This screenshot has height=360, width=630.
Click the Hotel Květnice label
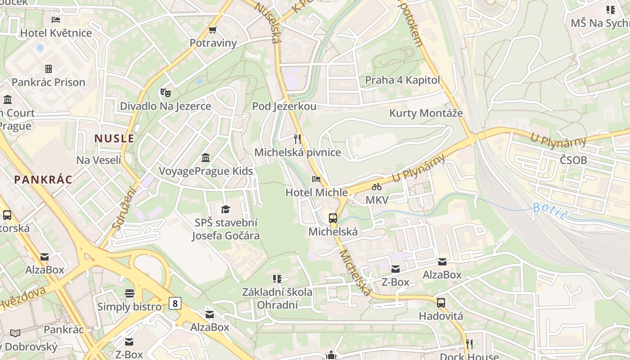tap(56, 33)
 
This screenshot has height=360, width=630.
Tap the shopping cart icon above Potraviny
tap(213, 30)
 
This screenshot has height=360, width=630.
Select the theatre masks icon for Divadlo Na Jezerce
tap(165, 93)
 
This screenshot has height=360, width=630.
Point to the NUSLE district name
tap(114, 138)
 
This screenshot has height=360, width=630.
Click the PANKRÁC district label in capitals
tap(43, 180)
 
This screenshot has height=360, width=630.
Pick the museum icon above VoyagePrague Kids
tap(206, 158)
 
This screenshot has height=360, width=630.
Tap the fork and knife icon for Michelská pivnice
tap(297, 139)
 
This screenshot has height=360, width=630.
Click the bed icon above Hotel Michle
tap(316, 179)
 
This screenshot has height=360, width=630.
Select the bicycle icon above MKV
tap(377, 186)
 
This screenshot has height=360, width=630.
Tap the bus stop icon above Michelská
tap(333, 218)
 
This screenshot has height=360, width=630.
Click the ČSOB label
tap(573, 160)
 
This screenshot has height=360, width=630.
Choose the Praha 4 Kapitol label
tap(402, 80)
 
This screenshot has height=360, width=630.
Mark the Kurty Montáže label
tap(426, 113)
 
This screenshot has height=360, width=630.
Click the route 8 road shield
tap(175, 303)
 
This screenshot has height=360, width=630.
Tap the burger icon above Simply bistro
tap(130, 293)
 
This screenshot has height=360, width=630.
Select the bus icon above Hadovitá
tap(441, 303)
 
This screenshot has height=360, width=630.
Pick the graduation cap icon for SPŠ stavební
tap(225, 209)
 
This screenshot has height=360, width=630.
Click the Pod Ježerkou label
tap(284, 106)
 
